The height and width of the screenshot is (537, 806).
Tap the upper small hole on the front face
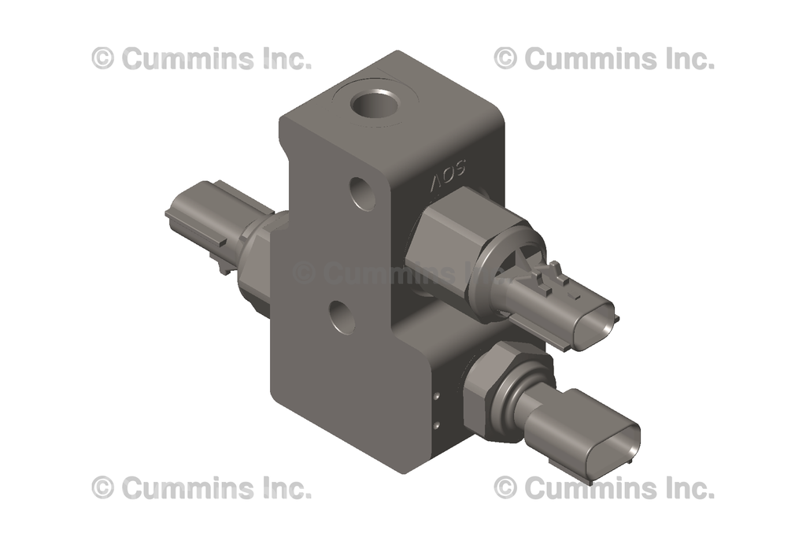click(x=363, y=192)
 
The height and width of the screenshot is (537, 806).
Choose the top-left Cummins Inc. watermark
click(x=201, y=58)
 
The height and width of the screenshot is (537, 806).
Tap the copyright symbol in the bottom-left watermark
click(x=102, y=487)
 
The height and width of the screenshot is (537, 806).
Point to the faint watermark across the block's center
click(x=378, y=273)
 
